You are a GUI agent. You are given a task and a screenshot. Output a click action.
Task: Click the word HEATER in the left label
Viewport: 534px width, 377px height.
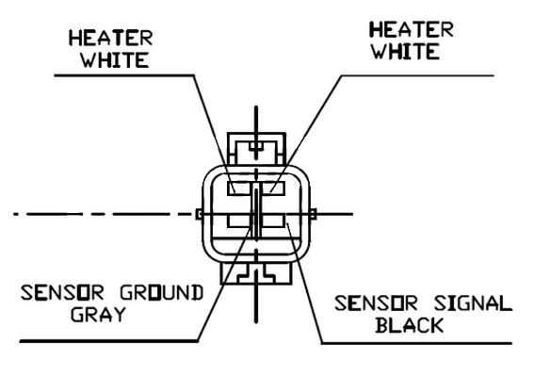coord(111,38)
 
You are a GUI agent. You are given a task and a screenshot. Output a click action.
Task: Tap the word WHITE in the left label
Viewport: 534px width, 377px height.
coord(115,60)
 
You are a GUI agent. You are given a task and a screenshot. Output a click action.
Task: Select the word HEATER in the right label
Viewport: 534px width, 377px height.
coord(412,29)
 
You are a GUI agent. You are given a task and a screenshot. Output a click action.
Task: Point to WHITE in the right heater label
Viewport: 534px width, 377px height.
coord(405,52)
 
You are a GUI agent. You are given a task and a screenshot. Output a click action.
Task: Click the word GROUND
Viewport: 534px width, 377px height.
coord(162,293)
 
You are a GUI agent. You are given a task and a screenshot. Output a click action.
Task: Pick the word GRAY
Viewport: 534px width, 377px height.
coord(99,314)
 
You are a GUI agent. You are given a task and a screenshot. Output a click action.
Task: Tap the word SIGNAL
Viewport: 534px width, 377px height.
coord(473,303)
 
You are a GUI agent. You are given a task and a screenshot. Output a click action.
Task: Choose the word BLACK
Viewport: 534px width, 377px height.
coord(410,325)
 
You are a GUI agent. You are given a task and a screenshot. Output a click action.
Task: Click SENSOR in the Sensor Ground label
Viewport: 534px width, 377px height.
coord(62,293)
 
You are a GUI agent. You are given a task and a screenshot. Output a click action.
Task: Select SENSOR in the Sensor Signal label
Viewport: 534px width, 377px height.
coord(376,303)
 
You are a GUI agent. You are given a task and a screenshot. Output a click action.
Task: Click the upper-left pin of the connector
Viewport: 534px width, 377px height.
coord(239,188)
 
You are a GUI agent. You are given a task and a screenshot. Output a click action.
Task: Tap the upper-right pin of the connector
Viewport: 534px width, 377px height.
coord(273,188)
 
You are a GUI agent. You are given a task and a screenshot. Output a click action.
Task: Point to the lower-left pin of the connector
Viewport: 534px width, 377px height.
coord(239,221)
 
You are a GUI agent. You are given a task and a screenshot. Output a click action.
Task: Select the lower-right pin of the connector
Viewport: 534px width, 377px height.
coord(273,221)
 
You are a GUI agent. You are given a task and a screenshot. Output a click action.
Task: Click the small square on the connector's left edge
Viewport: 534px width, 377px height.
coord(200,214)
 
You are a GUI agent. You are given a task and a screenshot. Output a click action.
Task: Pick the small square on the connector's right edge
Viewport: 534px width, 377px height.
coord(314,214)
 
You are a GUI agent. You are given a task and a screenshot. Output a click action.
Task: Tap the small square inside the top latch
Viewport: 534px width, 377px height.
coord(256,147)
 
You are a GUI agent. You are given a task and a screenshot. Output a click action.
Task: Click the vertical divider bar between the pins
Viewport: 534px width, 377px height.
coord(256,211)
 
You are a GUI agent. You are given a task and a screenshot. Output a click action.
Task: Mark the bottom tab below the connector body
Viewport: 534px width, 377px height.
coord(256,273)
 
